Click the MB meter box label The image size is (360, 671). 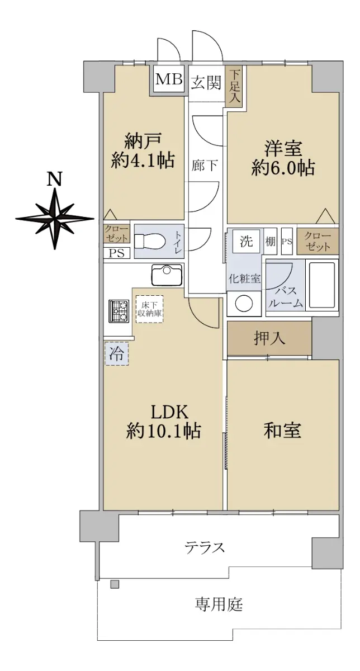[169, 79]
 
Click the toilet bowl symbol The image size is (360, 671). [148, 241]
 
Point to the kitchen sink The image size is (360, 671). [167, 275]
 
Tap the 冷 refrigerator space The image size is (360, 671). [117, 354]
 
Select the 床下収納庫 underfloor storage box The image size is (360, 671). [150, 309]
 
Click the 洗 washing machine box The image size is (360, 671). [247, 242]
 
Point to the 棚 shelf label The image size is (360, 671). [270, 242]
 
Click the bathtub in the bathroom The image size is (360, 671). [321, 285]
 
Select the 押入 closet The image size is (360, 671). [269, 338]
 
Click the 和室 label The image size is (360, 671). [282, 431]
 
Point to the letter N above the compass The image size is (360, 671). [55, 179]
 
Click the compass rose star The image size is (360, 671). [55, 219]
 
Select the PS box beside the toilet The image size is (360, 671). [117, 253]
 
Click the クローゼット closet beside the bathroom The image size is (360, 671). [318, 242]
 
